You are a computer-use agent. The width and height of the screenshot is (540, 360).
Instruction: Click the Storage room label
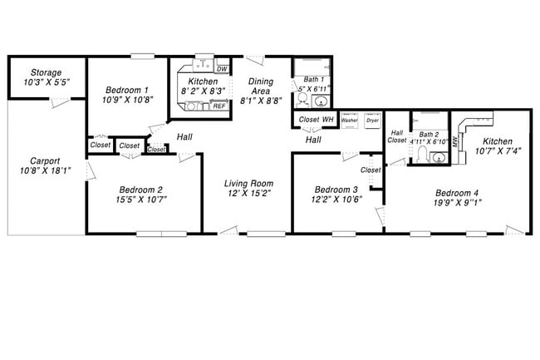pos(46,72)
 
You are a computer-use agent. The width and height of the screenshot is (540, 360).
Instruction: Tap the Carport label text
pos(45,161)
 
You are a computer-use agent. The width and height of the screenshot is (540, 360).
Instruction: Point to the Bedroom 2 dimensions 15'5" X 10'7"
pos(140,200)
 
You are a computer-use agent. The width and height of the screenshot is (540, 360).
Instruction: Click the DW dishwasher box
pos(222,69)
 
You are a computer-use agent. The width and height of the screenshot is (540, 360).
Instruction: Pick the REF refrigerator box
pos(219,106)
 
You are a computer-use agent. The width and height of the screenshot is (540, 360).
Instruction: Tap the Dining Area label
pos(261,86)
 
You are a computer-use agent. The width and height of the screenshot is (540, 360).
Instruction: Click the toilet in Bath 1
pos(303,101)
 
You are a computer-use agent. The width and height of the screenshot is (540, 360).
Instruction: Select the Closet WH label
pos(316,120)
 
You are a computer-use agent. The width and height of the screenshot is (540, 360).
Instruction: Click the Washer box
pos(349,119)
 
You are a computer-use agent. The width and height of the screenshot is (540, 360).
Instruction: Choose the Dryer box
pos(372,119)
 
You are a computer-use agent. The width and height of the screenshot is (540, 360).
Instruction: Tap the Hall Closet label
pos(397,136)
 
